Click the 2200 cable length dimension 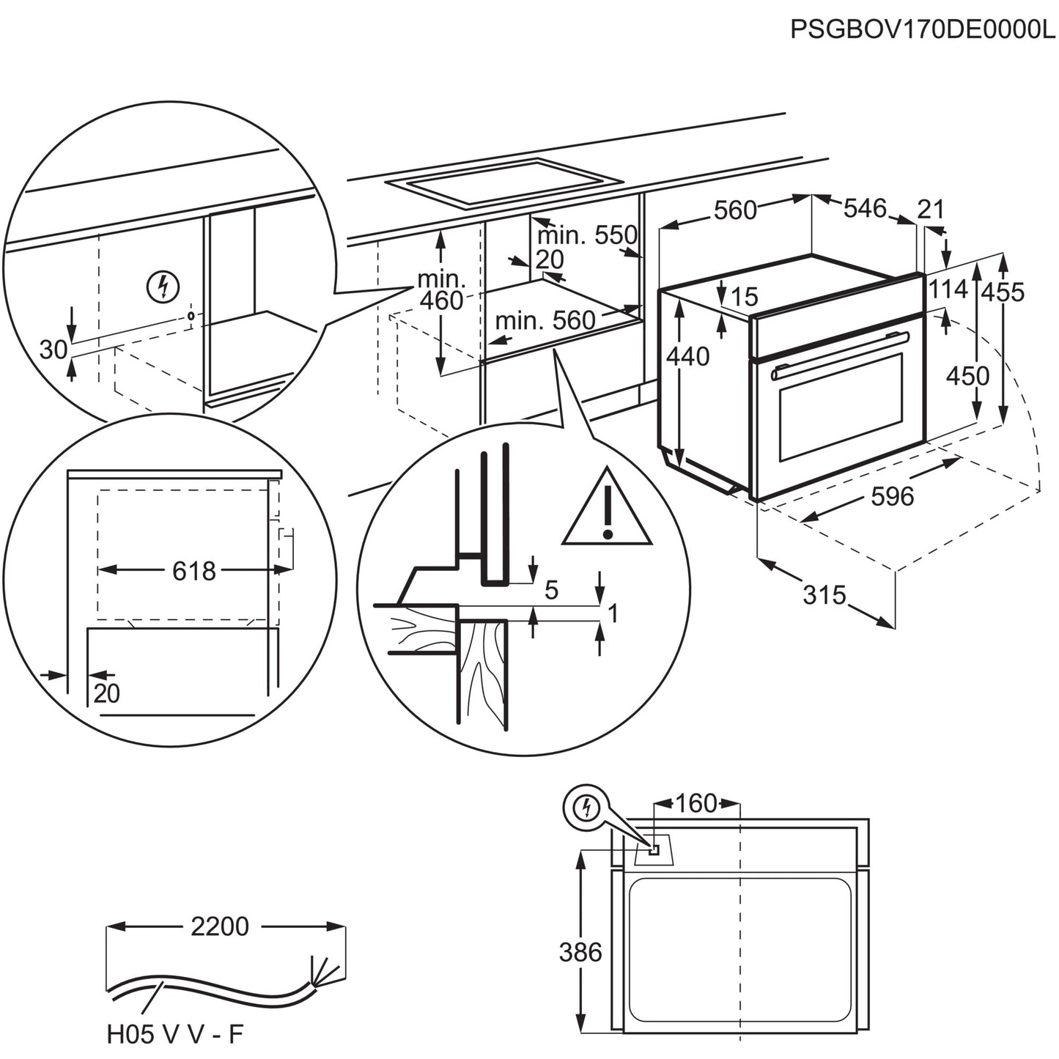click(220, 926)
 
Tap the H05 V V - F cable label click(174, 1034)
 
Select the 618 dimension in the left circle click(194, 570)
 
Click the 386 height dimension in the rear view click(580, 952)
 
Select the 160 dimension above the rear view click(695, 803)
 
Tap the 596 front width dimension click(893, 496)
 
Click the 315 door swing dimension click(824, 594)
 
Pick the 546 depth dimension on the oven click(865, 208)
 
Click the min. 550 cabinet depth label click(587, 235)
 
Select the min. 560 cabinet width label click(545, 320)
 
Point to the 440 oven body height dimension click(688, 356)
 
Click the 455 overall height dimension click(1003, 292)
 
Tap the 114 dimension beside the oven click(948, 289)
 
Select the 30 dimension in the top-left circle click(53, 350)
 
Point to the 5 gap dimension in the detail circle click(551, 589)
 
